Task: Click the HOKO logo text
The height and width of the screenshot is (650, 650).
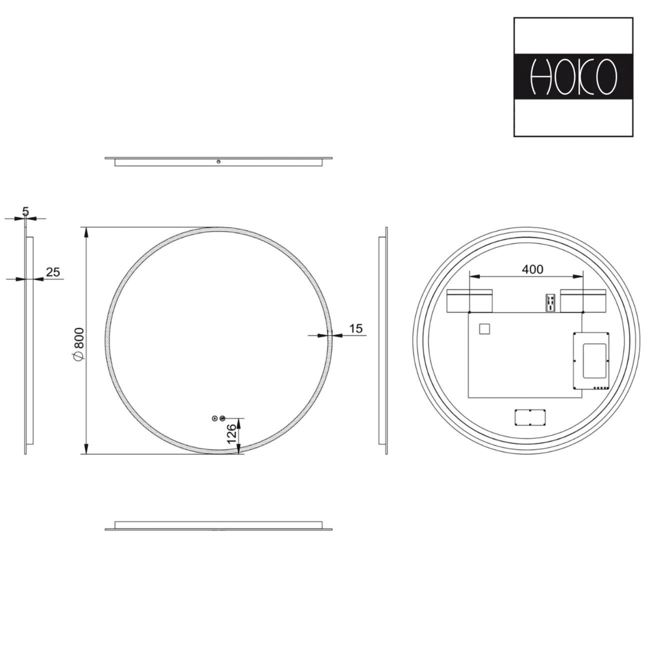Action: tap(573, 77)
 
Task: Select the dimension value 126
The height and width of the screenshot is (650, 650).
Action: tap(232, 433)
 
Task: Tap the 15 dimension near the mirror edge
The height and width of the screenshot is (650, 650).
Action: tap(355, 328)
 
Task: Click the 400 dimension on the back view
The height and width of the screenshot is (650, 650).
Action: tap(532, 269)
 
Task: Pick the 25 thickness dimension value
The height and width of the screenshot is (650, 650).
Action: tap(53, 272)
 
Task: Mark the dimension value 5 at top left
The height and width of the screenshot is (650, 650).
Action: tap(26, 211)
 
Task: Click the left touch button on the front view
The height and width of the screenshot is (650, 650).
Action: tap(215, 418)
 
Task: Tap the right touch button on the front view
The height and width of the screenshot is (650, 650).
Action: tap(222, 418)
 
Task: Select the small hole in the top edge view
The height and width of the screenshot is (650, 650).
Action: tap(218, 161)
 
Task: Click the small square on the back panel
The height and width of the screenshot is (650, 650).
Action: tap(484, 329)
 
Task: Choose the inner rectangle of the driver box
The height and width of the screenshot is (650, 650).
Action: tap(595, 360)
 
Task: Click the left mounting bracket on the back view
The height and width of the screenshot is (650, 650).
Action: tap(470, 300)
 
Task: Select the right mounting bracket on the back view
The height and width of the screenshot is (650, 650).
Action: tap(583, 300)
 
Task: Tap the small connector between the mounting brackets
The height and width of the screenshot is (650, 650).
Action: tap(550, 302)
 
